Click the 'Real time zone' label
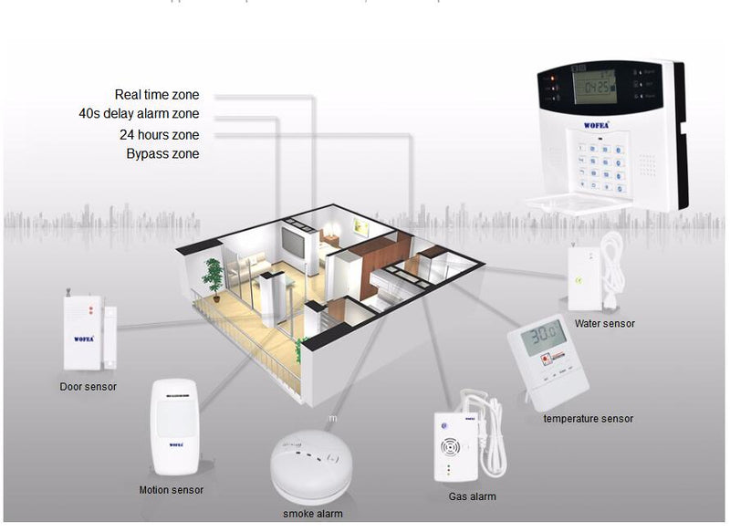157,95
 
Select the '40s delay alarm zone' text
139,114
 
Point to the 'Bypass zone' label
162,154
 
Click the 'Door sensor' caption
89,387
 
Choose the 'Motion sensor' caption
172,490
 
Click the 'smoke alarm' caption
312,514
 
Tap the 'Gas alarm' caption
472,496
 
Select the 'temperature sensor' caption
588,419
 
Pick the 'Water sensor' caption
604,323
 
